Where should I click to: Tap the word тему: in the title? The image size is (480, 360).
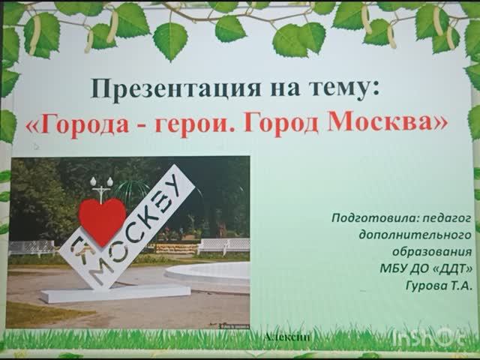(347, 91)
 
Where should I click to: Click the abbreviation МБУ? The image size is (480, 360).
(395, 268)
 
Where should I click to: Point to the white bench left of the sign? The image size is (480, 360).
(31, 247)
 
